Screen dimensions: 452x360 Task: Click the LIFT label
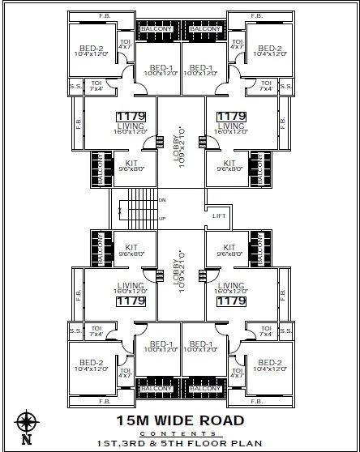tap(218, 215)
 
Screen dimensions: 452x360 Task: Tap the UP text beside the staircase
tap(162, 219)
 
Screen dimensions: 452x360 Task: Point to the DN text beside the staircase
tap(162, 200)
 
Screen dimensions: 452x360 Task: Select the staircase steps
tap(139, 210)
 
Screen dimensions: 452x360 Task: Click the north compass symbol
tap(26, 422)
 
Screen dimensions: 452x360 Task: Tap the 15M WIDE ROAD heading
tap(179, 420)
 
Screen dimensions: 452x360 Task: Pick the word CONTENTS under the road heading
tap(180, 434)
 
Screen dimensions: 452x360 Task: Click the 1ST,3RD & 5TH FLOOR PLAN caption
tap(180, 445)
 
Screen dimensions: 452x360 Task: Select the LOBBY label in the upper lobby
tap(180, 144)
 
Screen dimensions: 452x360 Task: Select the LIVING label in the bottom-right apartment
tap(232, 286)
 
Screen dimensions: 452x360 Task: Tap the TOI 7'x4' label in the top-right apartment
tap(264, 84)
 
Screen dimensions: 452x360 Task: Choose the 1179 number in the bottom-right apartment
tap(230, 301)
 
